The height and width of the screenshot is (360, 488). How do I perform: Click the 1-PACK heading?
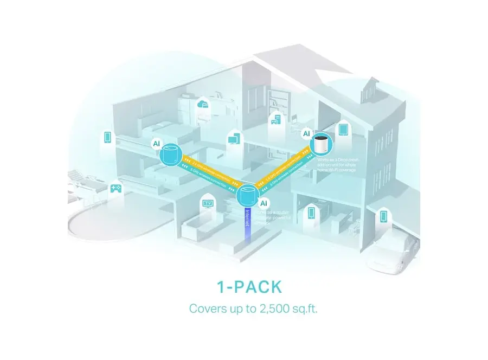[x=243, y=286]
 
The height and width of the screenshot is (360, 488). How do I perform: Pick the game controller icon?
[x=115, y=189]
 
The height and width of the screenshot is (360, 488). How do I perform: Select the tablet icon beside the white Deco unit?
[x=343, y=130]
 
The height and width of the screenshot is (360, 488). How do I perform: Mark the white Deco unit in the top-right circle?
[x=321, y=145]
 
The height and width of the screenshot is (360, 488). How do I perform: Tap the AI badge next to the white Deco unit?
[x=306, y=133]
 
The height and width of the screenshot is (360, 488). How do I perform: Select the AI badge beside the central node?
[x=264, y=203]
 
